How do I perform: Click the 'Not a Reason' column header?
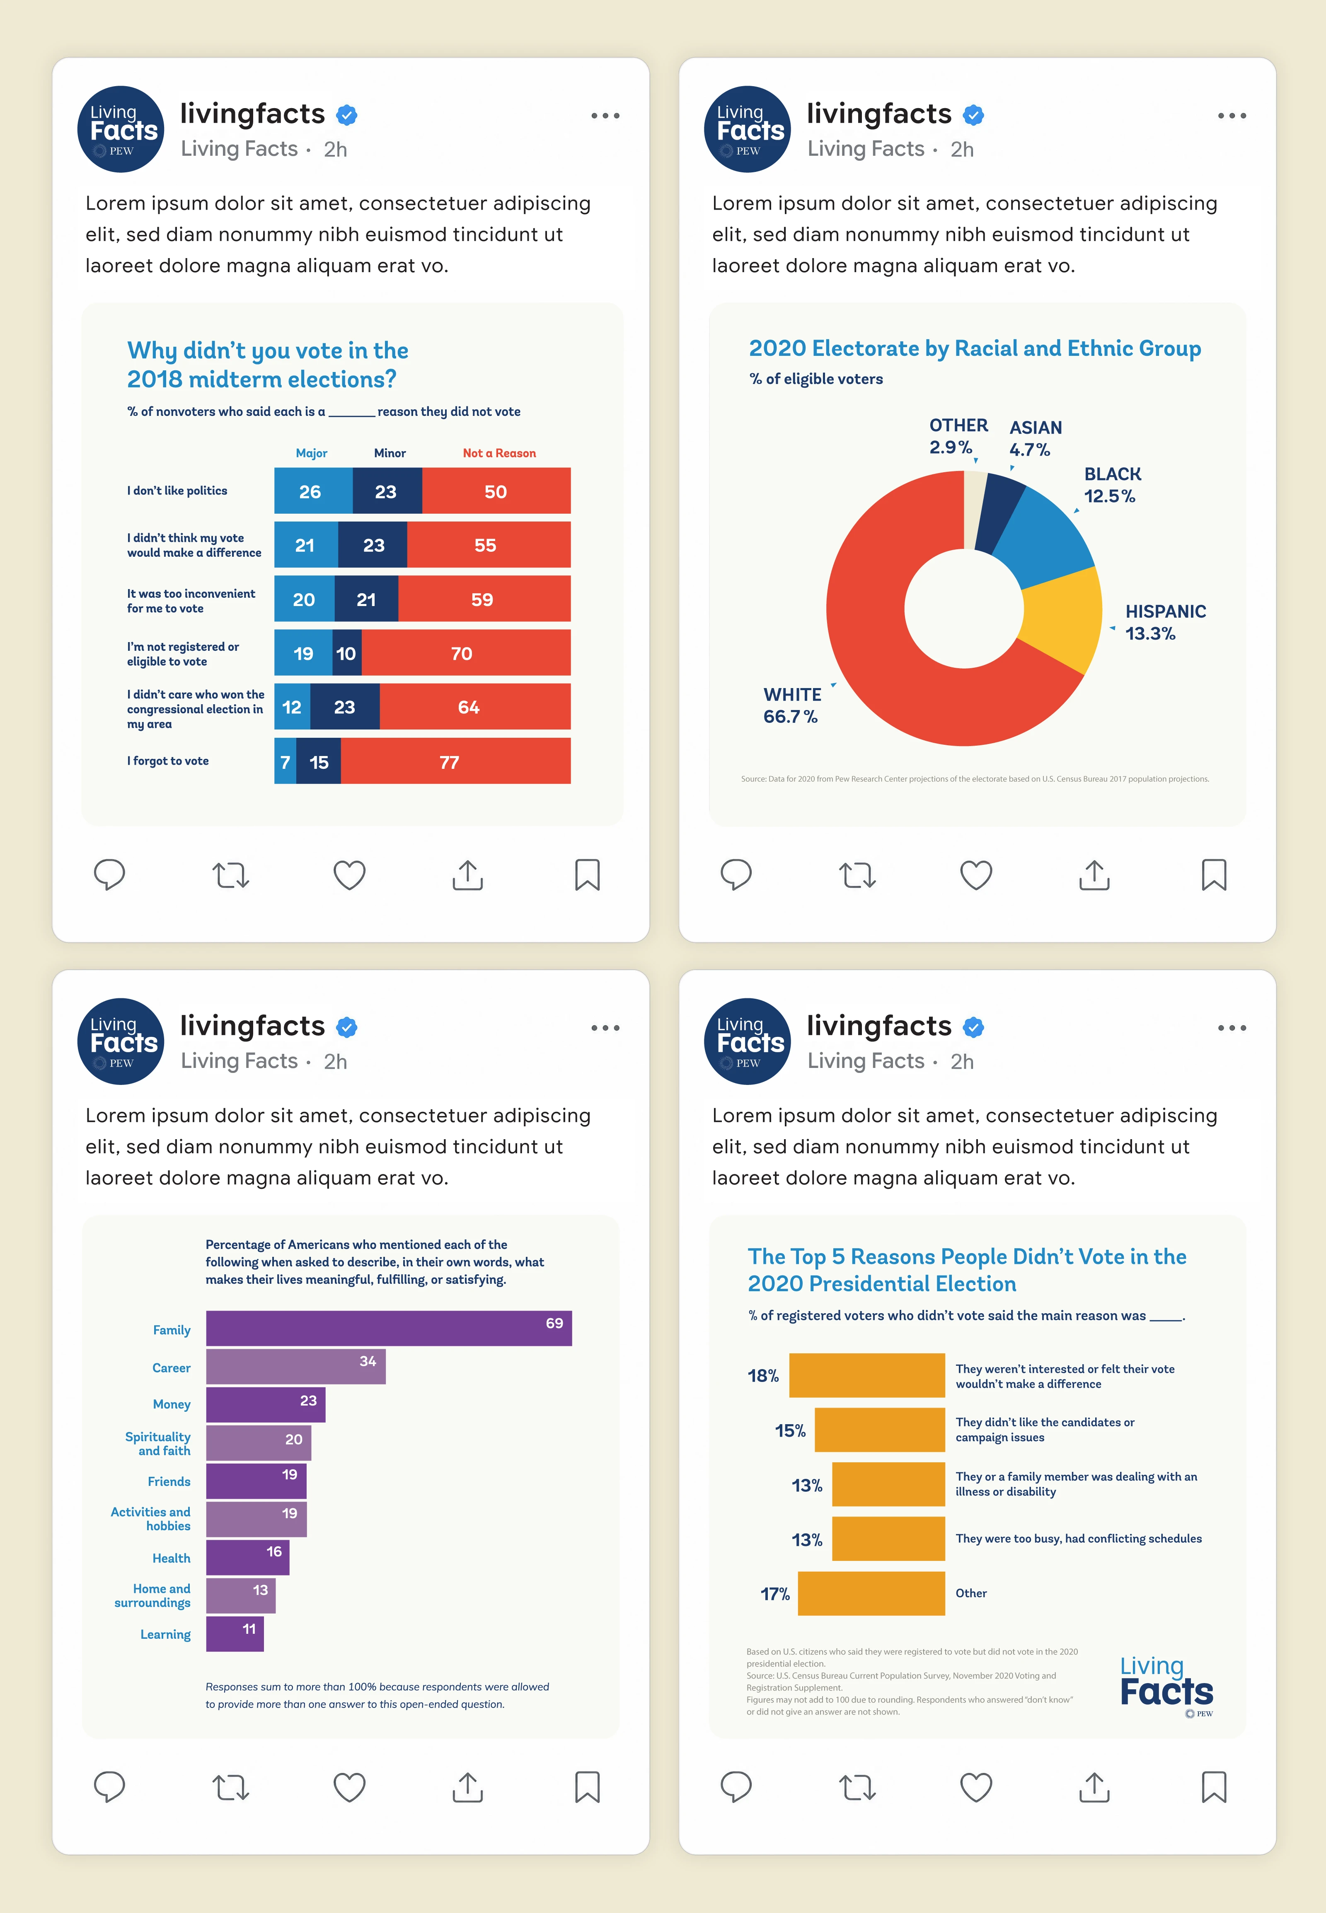(x=499, y=453)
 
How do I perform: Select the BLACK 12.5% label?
(x=1112, y=485)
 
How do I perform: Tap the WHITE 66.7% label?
(x=792, y=705)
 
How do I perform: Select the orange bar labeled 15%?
(x=880, y=1430)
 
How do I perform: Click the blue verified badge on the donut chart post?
(x=974, y=115)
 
